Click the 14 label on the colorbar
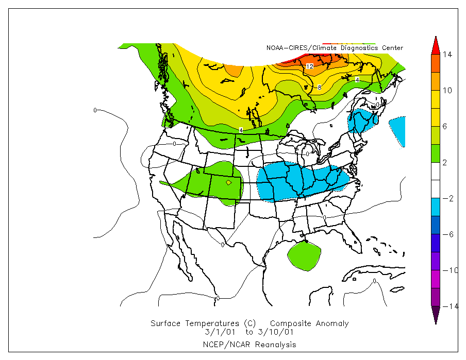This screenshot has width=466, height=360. click(447, 55)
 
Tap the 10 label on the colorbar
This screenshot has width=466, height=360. click(447, 91)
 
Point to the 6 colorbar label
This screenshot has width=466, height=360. click(447, 127)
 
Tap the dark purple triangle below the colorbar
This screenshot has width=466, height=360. click(436, 314)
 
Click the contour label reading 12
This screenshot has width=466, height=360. click(309, 66)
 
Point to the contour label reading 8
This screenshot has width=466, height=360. click(320, 88)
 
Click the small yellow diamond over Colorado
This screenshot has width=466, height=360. click(229, 182)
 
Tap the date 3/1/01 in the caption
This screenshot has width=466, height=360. click(217, 332)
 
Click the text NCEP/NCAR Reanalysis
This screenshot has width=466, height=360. click(249, 344)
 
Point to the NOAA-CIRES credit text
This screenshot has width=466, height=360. click(335, 48)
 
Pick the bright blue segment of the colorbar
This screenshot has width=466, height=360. click(436, 207)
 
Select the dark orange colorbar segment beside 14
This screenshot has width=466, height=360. click(436, 63)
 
